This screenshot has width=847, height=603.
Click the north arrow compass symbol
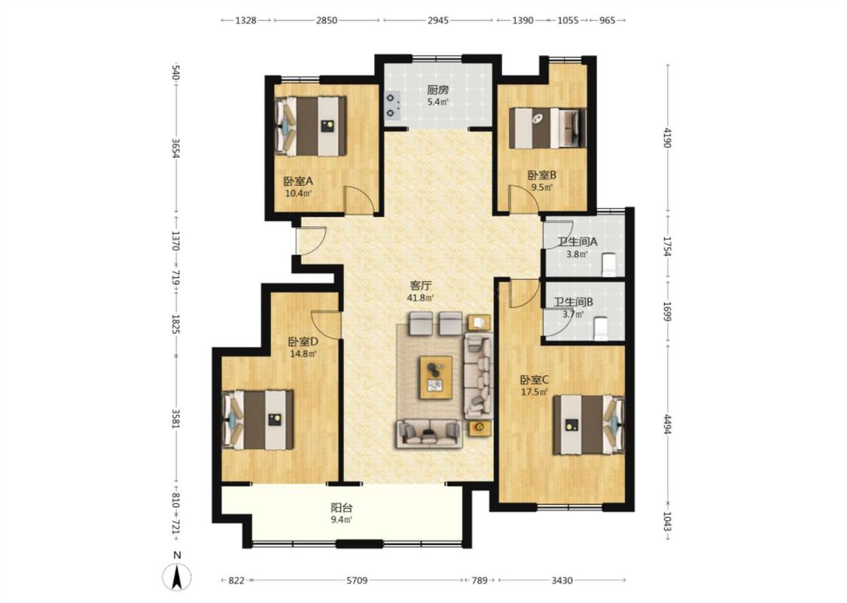[x=177, y=577]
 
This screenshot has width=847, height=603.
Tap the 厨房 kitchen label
[x=437, y=90]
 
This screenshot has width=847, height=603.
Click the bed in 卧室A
[x=311, y=127]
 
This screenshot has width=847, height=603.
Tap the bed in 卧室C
[x=588, y=425]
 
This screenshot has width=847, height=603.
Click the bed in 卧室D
[x=258, y=420]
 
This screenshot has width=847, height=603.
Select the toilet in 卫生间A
[x=609, y=262]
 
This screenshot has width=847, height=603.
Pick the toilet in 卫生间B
[x=602, y=329]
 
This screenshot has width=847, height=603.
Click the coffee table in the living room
[x=436, y=378]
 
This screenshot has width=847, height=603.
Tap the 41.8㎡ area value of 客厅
[x=420, y=298]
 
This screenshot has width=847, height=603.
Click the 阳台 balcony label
[x=341, y=508]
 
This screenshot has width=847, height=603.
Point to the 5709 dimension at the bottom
[x=357, y=580]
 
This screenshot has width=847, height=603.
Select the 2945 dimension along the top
[x=438, y=20]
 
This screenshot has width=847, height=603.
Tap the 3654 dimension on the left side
[x=175, y=148]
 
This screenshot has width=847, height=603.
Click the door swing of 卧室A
[x=358, y=200]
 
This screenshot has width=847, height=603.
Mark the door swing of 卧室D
[x=326, y=324]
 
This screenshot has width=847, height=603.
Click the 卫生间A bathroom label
[x=577, y=242]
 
